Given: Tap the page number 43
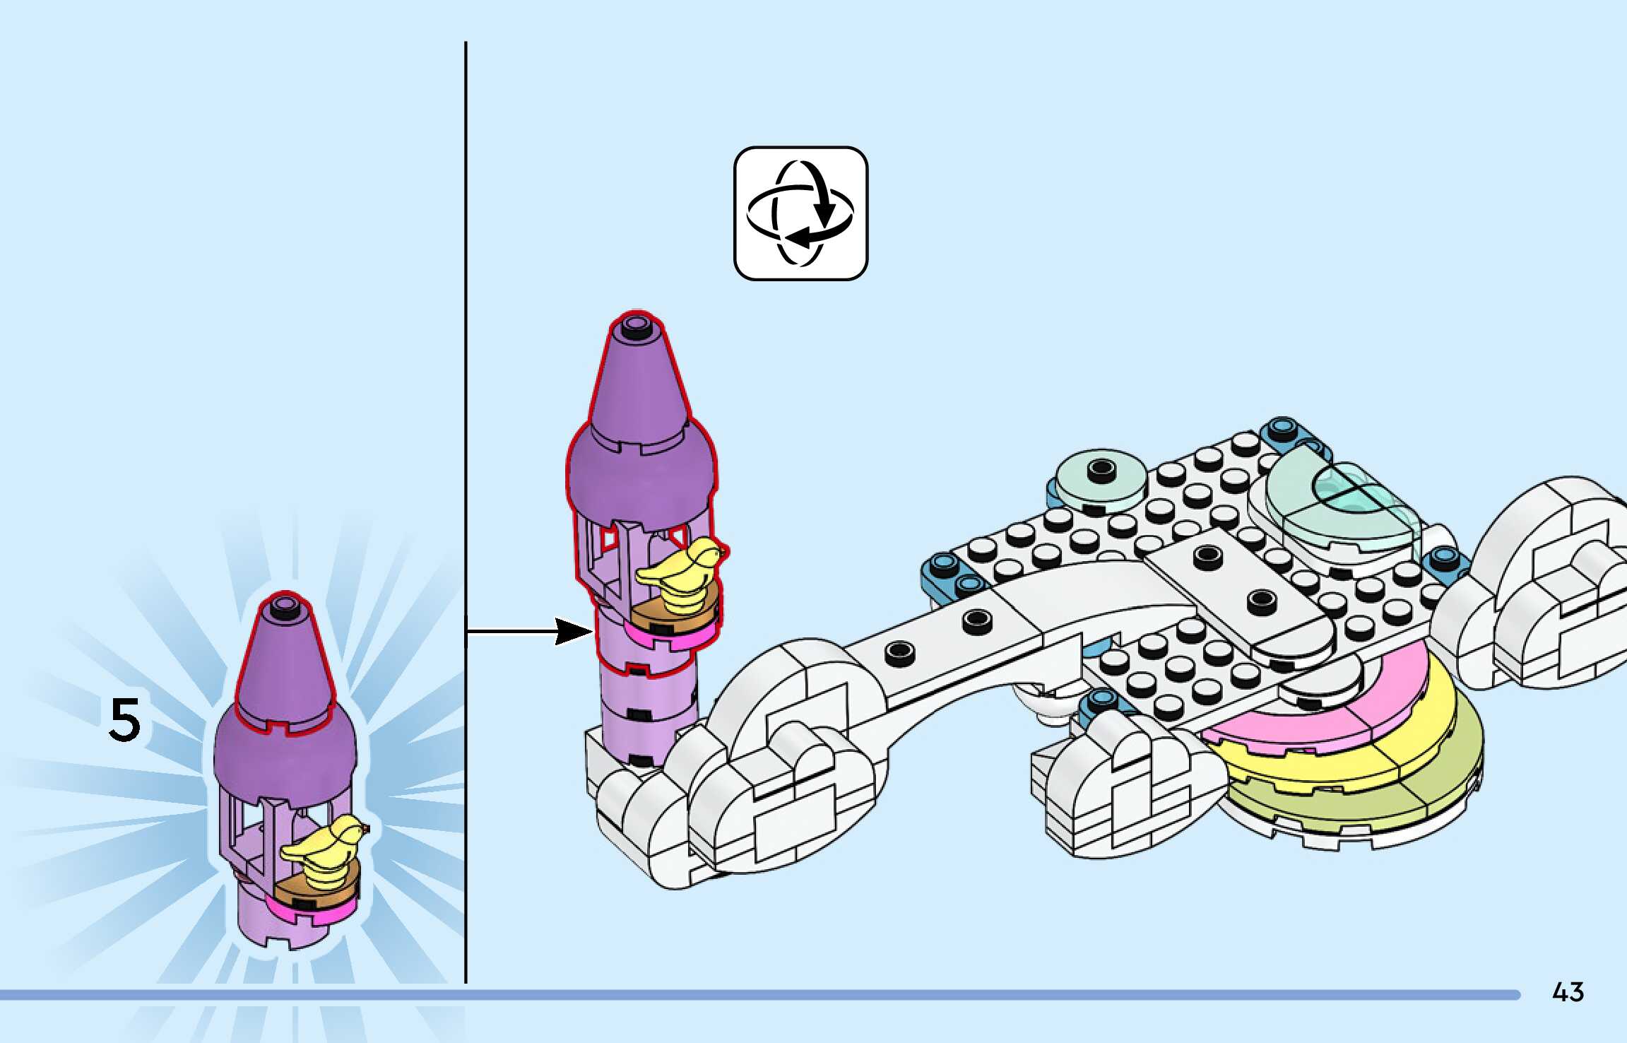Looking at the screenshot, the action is tap(1568, 992).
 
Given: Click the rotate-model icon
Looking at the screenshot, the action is tap(800, 213).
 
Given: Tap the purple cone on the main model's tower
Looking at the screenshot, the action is tap(637, 382).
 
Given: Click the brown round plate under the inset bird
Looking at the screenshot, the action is tap(311, 892).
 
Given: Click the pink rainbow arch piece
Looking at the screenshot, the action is tap(1328, 721).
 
